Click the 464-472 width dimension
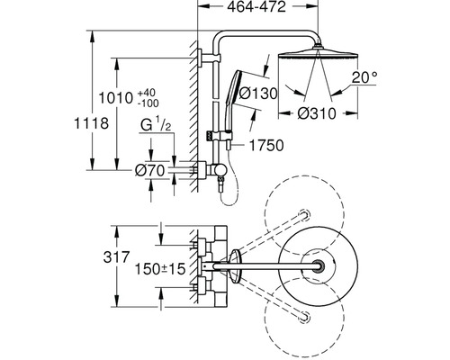pyautogui.click(x=256, y=7)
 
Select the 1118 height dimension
pyautogui.click(x=91, y=123)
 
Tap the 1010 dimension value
pyautogui.click(x=116, y=98)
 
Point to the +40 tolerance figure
pyautogui.click(x=147, y=93)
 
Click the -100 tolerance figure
pyautogui.click(x=148, y=103)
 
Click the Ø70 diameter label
pyautogui.click(x=149, y=171)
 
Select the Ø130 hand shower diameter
pyautogui.click(x=258, y=94)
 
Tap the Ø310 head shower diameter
pyautogui.click(x=317, y=113)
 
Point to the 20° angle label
pyautogui.click(x=364, y=77)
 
